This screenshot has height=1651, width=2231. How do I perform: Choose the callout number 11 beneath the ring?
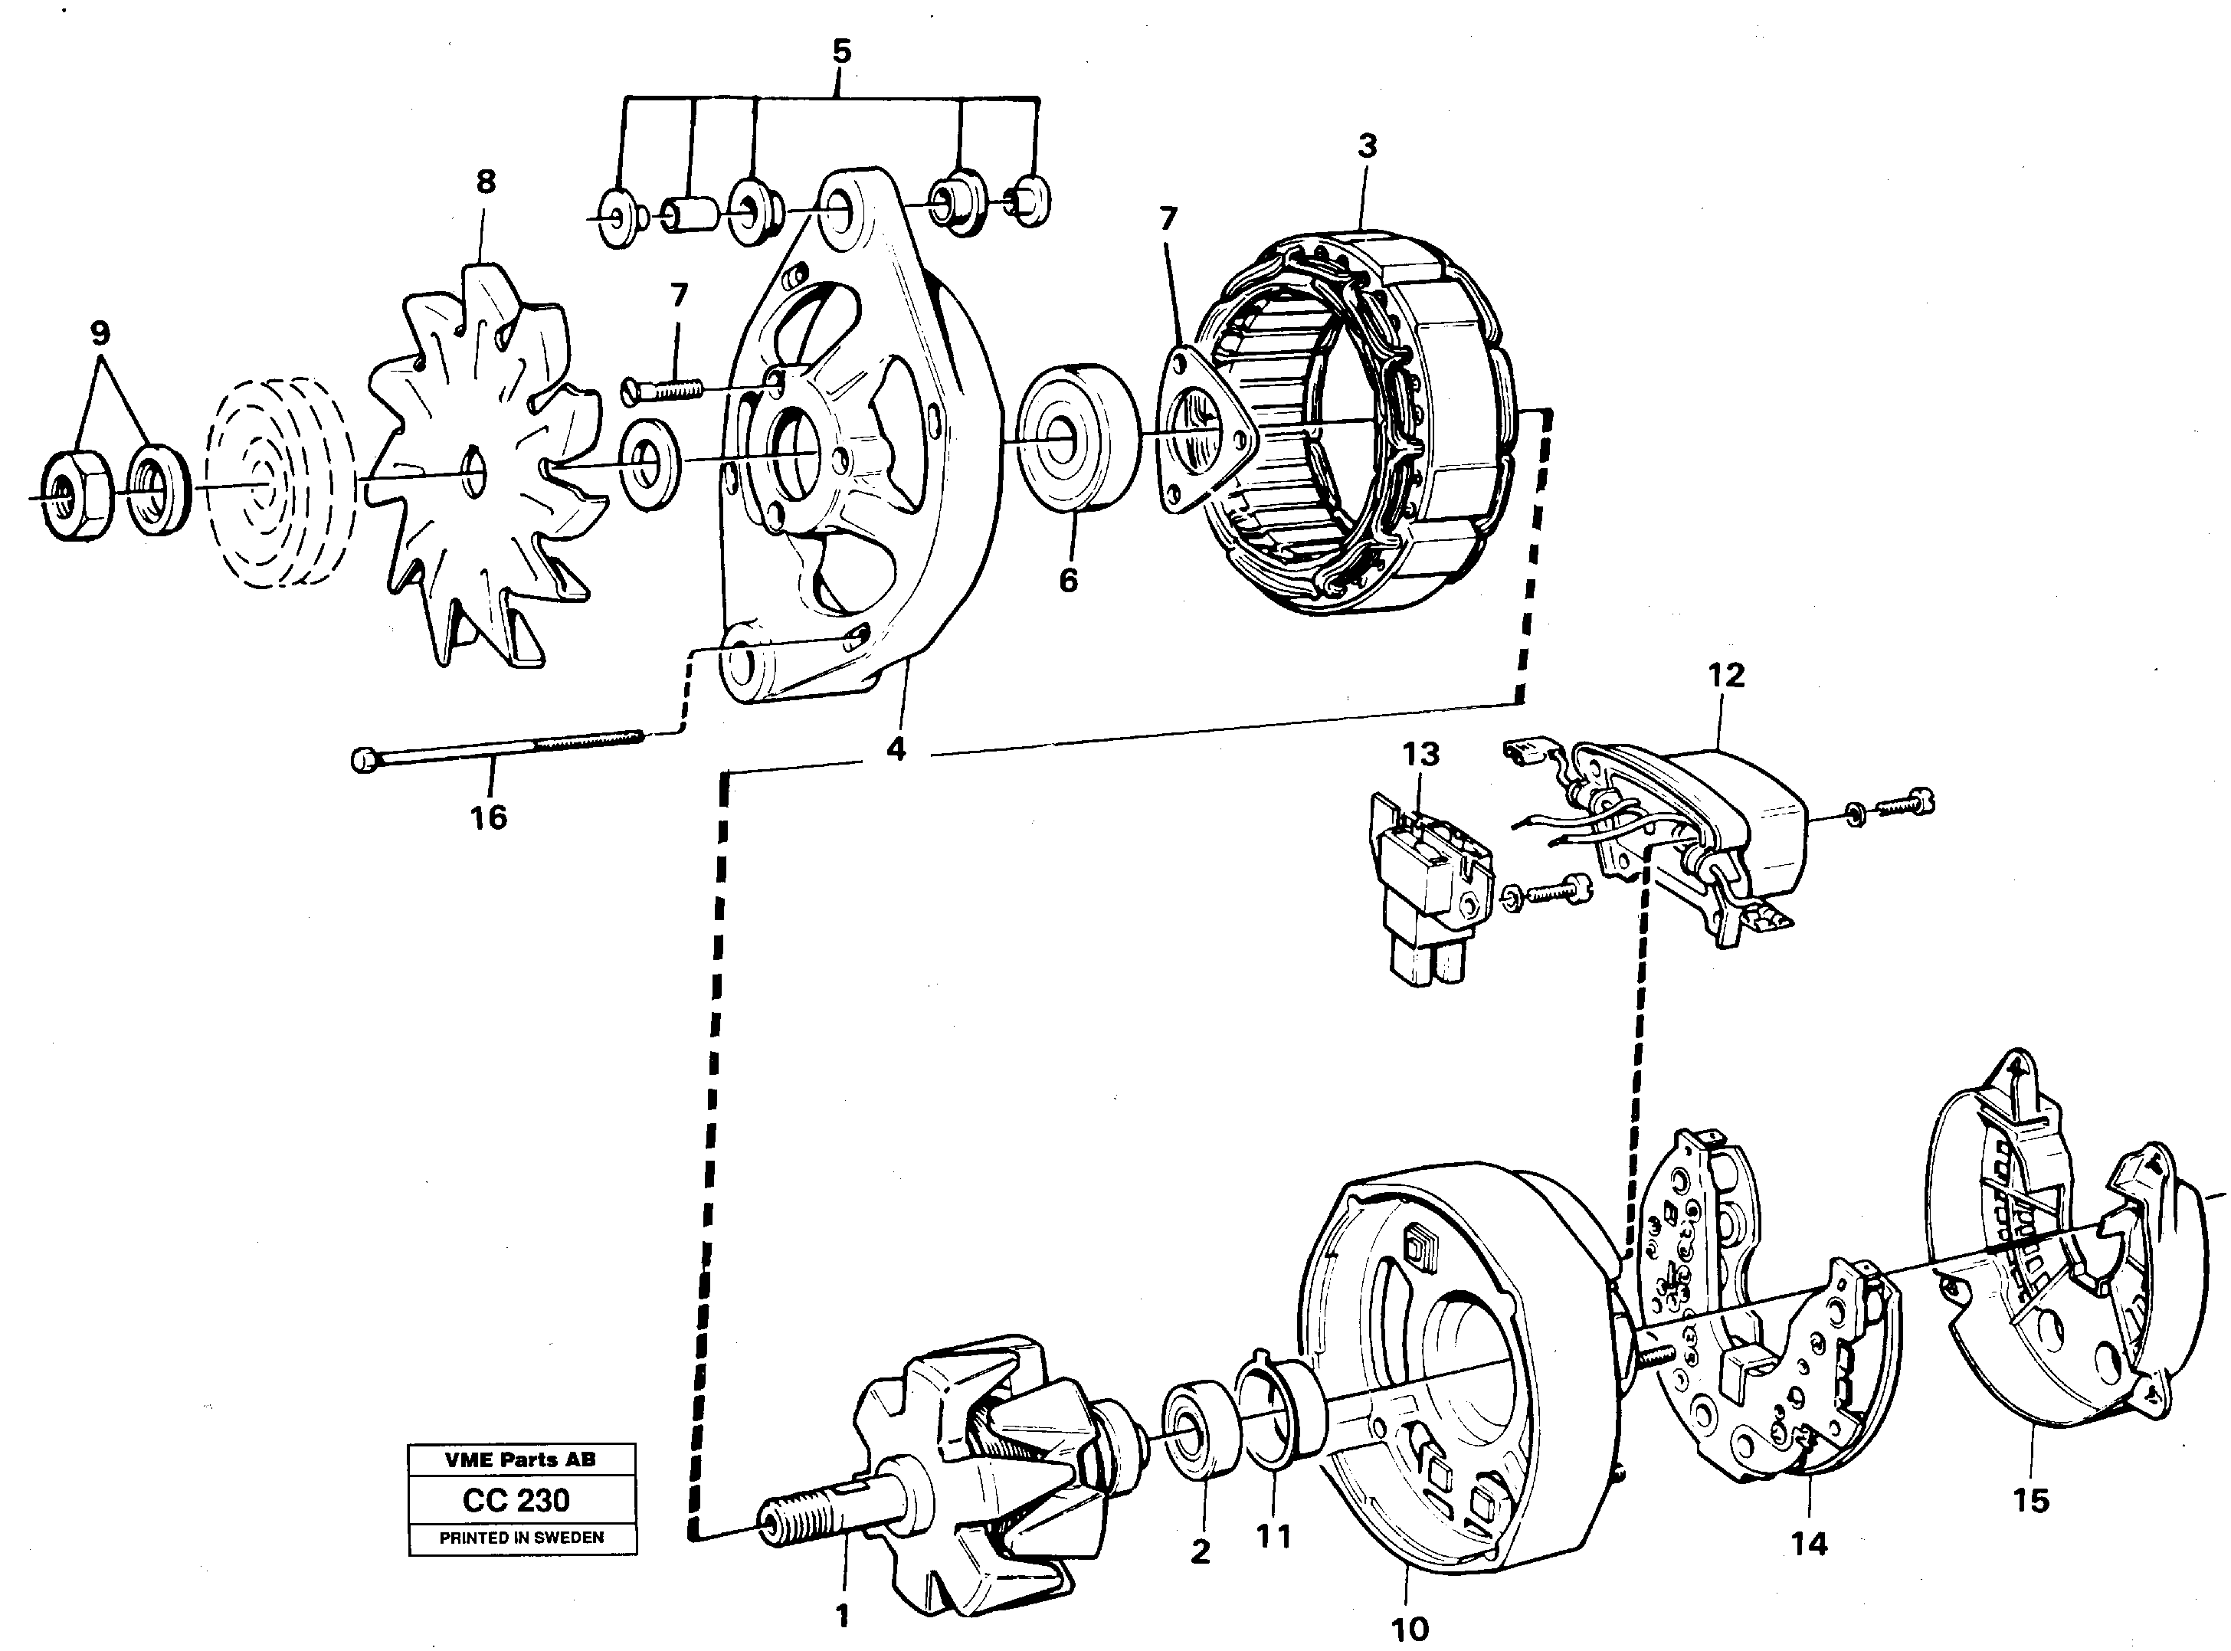click(x=1273, y=1536)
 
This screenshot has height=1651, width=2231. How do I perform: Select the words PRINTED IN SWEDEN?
click(x=521, y=1538)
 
